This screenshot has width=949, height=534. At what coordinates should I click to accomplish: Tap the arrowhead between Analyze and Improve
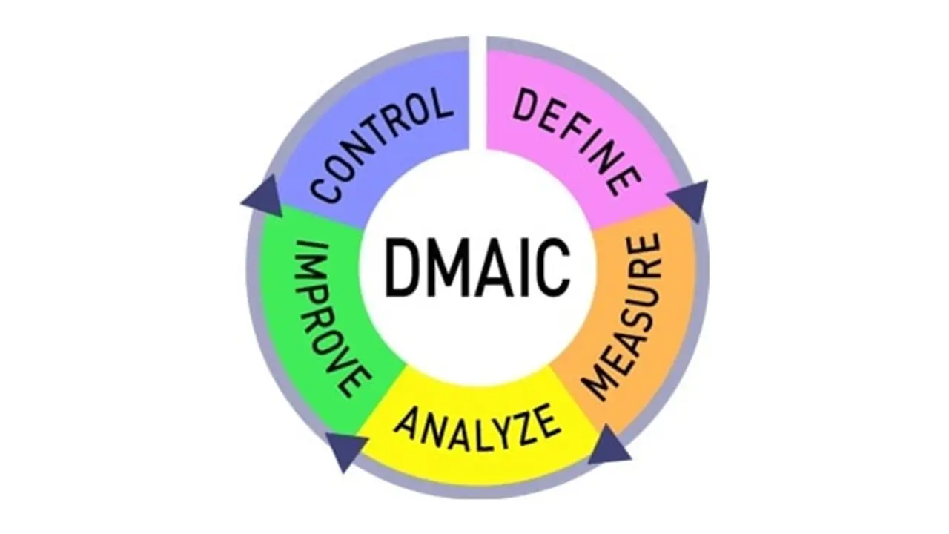[x=345, y=448]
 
